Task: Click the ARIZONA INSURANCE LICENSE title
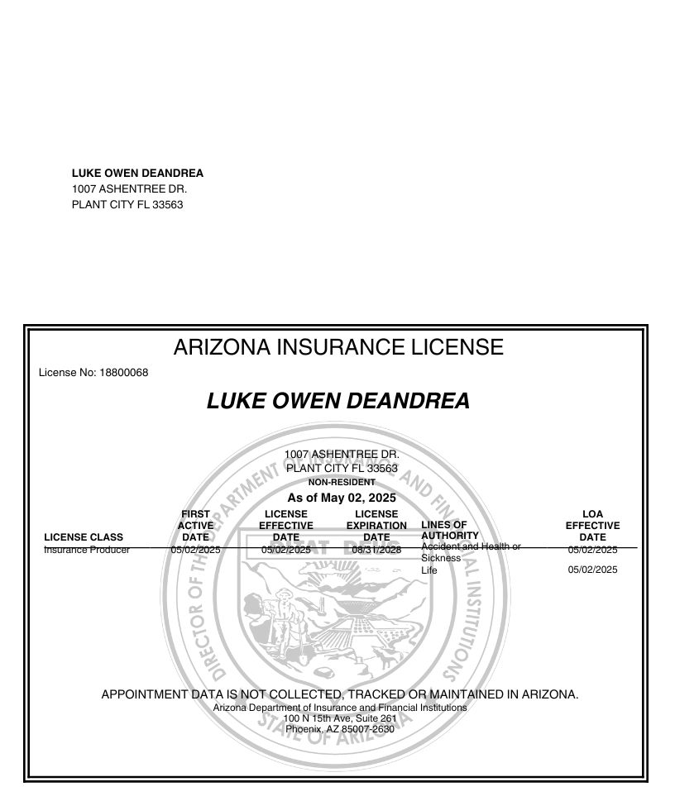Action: coord(337,347)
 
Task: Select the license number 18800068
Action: coord(123,373)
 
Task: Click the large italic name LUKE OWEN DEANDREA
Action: coord(337,401)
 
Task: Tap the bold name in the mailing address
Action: coord(137,174)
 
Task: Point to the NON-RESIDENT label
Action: coord(342,482)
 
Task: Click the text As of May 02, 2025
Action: coord(342,498)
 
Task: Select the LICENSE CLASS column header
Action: coord(84,537)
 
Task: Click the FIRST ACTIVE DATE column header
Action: coord(195,526)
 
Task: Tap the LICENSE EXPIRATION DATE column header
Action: coord(376,526)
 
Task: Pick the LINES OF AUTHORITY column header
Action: coord(450,530)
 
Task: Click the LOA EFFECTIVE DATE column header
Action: coord(592,526)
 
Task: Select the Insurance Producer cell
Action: coord(87,550)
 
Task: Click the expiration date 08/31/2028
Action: coord(376,550)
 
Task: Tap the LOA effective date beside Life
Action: coord(592,570)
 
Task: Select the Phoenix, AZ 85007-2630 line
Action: coord(340,729)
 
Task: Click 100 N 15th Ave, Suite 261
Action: coord(340,718)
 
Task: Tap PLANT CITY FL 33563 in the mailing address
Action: coord(127,205)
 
